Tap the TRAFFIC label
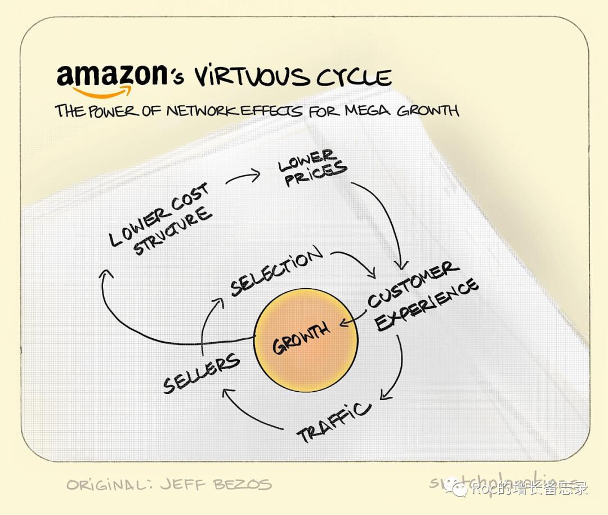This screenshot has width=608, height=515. [334, 422]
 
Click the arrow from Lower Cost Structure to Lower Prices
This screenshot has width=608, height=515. [243, 177]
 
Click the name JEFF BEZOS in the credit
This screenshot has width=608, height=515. [225, 484]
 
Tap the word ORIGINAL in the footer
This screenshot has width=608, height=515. [107, 484]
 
